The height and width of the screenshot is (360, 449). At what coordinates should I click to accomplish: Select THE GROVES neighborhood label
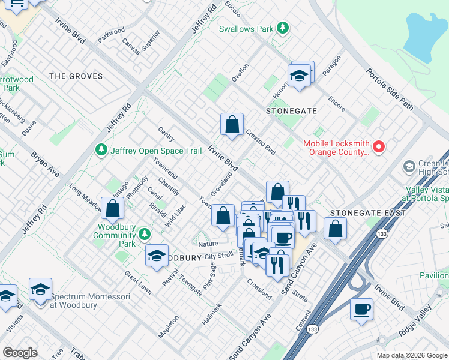(x=76, y=76)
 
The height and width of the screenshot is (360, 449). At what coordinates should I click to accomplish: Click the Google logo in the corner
(x=20, y=352)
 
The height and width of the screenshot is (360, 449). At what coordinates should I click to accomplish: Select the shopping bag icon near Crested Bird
(x=232, y=125)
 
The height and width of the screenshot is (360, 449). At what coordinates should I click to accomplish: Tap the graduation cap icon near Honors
(x=298, y=76)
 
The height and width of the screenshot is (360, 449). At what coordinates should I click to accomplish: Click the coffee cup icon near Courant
(x=362, y=310)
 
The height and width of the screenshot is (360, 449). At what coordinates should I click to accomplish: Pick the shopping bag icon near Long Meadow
(x=112, y=209)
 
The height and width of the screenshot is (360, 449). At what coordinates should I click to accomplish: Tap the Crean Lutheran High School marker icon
(x=409, y=166)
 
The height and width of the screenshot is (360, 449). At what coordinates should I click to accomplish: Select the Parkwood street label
(x=112, y=34)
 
